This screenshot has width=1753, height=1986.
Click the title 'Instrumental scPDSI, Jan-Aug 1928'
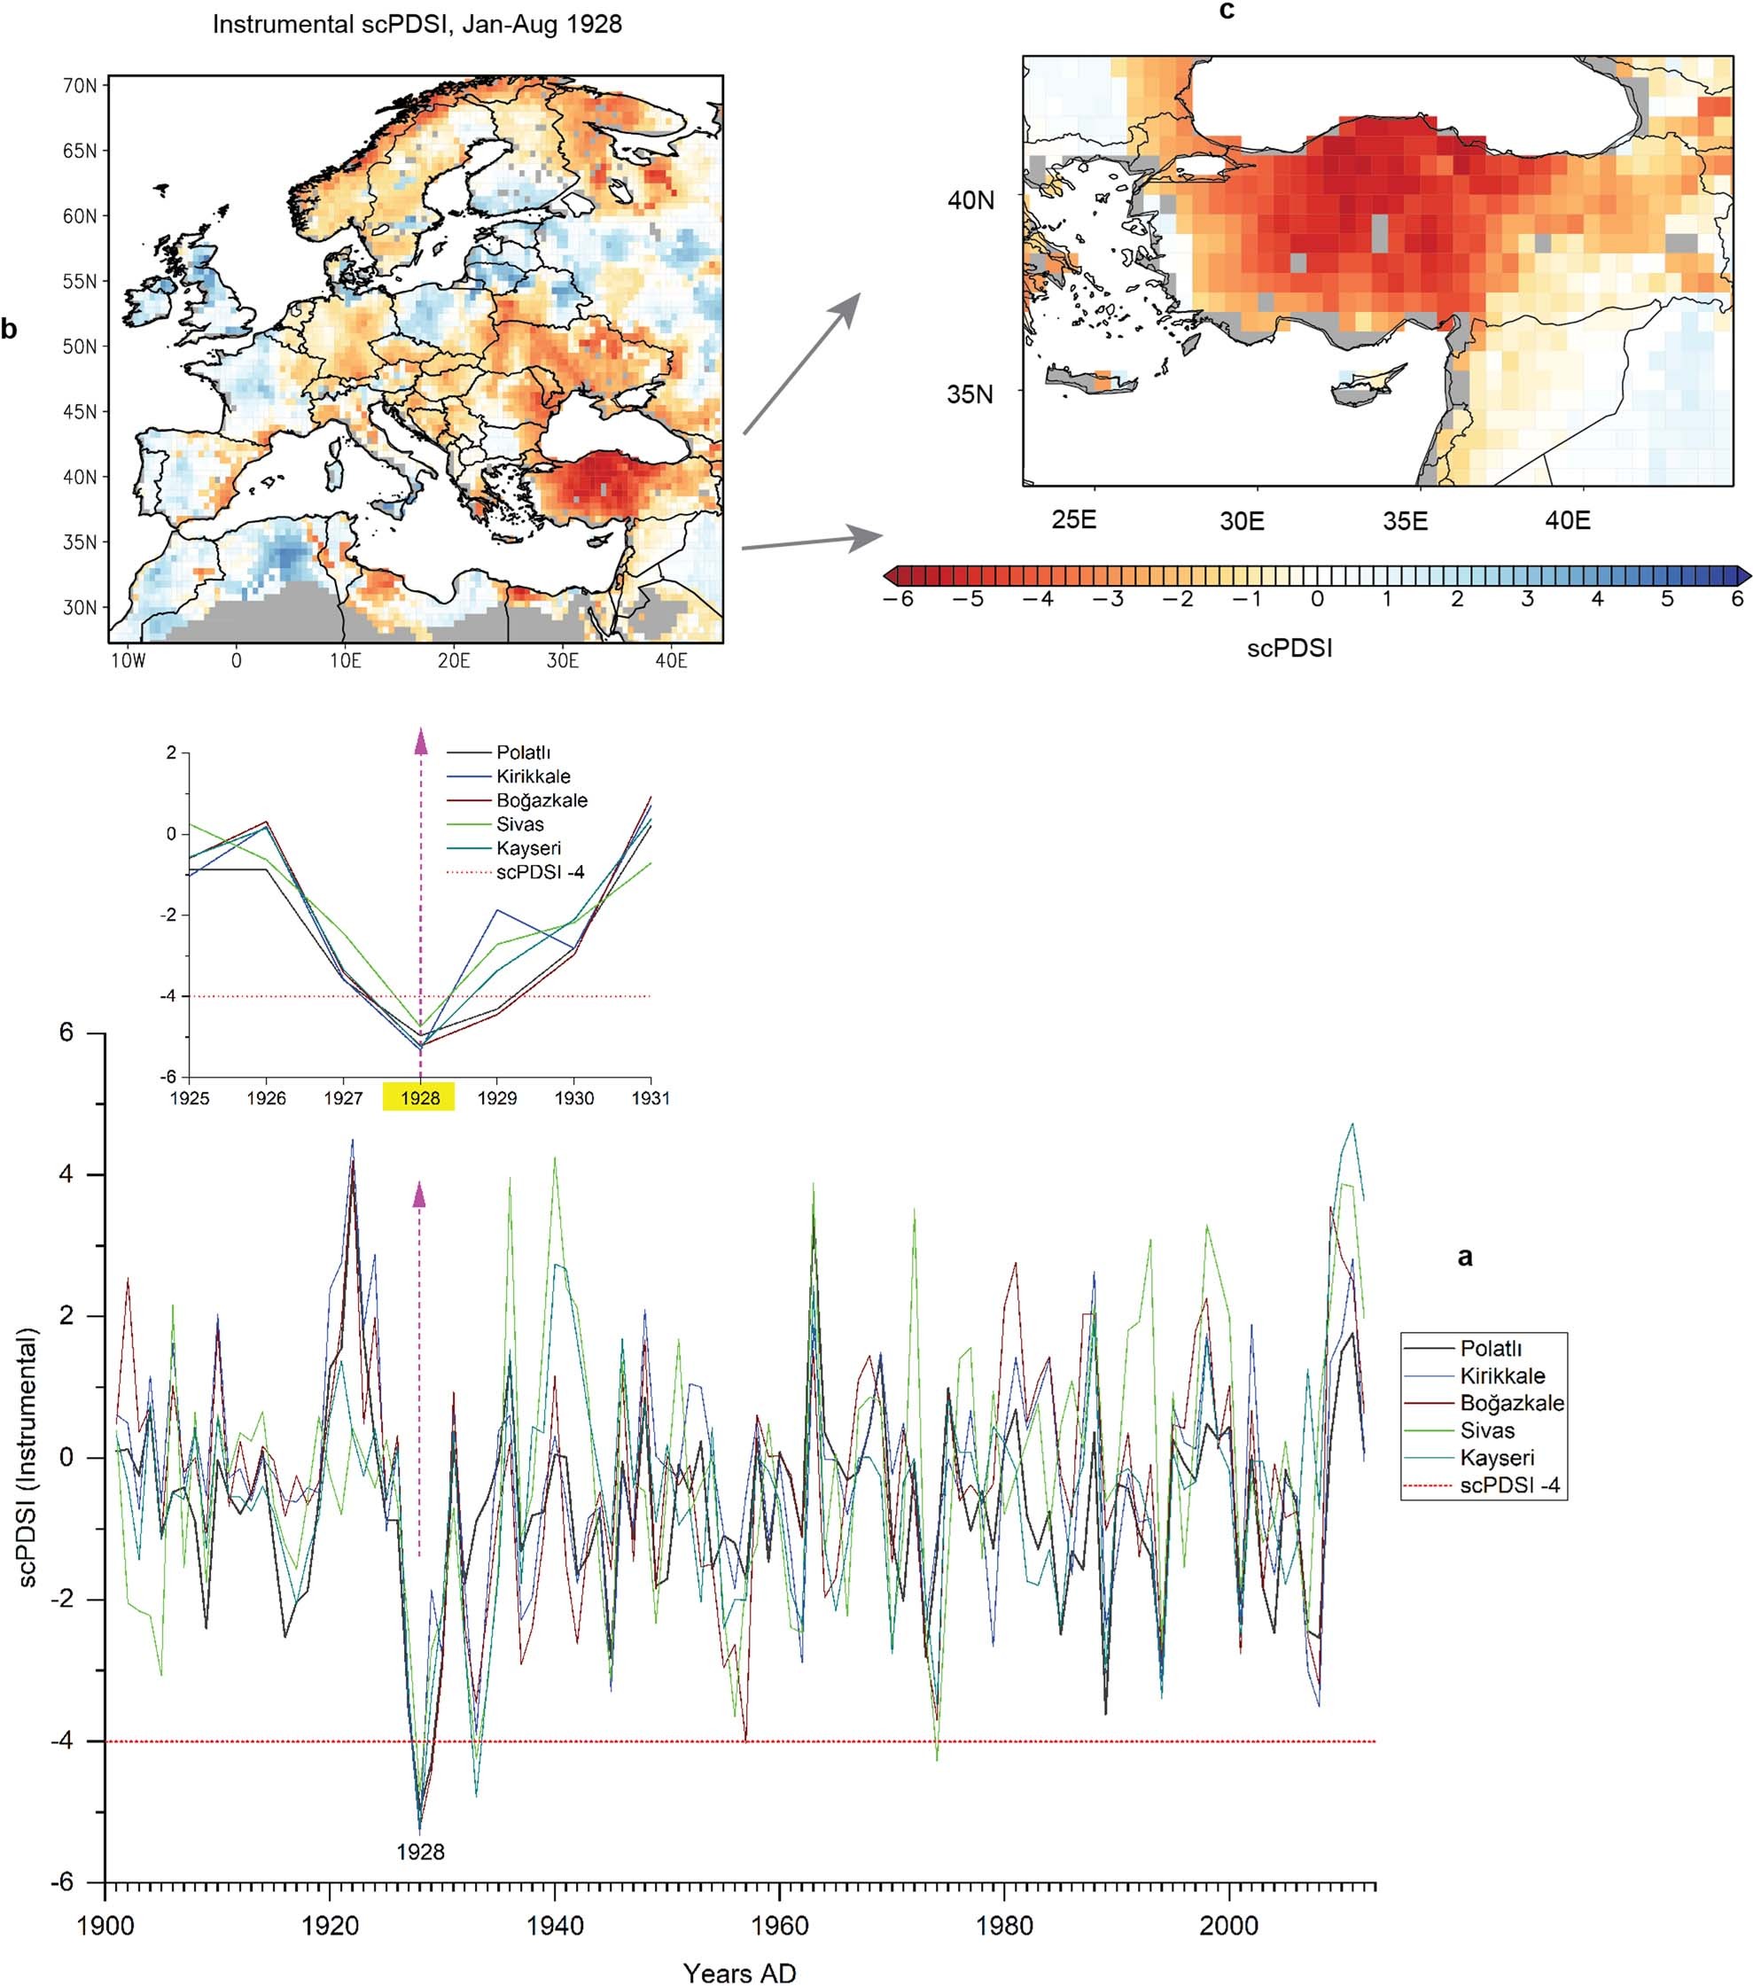417,24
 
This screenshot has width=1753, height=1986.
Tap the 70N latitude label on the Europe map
80,85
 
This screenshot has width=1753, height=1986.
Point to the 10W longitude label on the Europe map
128,661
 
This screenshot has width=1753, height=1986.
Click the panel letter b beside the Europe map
10,330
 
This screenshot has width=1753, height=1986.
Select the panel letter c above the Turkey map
1227,11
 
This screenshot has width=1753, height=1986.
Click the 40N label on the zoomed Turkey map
970,200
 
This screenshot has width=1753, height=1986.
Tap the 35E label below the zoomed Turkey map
1405,521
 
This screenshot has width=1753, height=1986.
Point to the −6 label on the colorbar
898,599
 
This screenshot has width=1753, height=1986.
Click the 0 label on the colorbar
1317,599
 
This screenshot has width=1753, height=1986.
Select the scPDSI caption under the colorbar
1289,648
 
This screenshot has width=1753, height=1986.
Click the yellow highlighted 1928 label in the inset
420,1098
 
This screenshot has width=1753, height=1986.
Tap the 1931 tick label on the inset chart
651,1098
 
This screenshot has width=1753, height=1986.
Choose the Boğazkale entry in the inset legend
541,800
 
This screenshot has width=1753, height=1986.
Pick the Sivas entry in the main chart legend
1487,1430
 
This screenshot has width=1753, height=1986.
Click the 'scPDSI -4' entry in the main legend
1510,1484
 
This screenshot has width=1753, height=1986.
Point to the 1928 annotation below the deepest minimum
420,1852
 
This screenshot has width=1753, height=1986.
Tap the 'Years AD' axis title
738,1973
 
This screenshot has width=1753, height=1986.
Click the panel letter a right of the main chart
1465,1258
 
